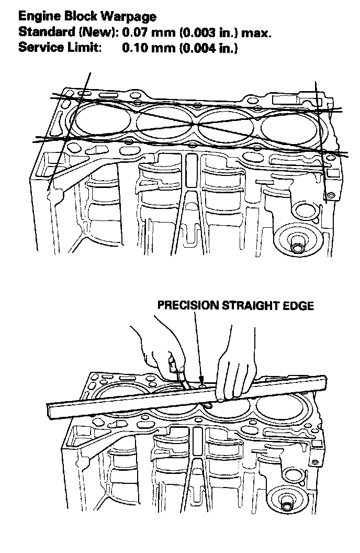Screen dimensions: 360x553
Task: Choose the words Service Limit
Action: pyautogui.click(x=60, y=47)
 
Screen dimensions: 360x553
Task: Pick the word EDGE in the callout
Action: pyautogui.click(x=299, y=305)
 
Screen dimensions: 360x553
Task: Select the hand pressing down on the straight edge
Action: pyautogui.click(x=234, y=367)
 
